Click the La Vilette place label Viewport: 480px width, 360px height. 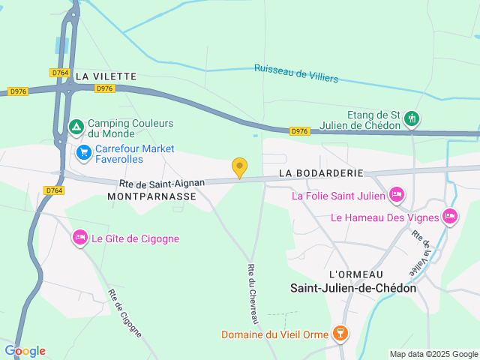click(106, 76)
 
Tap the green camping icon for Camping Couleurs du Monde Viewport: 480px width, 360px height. click(76, 127)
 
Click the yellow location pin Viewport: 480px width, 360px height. click(239, 168)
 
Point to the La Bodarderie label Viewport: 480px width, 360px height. click(320, 172)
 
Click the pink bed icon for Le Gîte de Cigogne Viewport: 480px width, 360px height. click(80, 238)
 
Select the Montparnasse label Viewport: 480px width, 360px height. click(152, 196)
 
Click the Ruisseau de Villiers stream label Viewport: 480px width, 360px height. click(296, 73)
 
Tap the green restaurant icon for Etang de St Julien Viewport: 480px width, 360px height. click(411, 118)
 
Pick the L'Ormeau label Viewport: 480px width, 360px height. click(356, 274)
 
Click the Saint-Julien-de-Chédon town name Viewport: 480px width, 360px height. click(353, 287)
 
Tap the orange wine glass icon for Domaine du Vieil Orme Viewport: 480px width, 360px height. click(340, 333)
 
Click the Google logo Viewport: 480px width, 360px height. click(25, 350)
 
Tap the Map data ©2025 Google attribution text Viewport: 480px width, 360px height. click(433, 354)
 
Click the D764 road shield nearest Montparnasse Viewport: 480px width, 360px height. click(54, 190)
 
